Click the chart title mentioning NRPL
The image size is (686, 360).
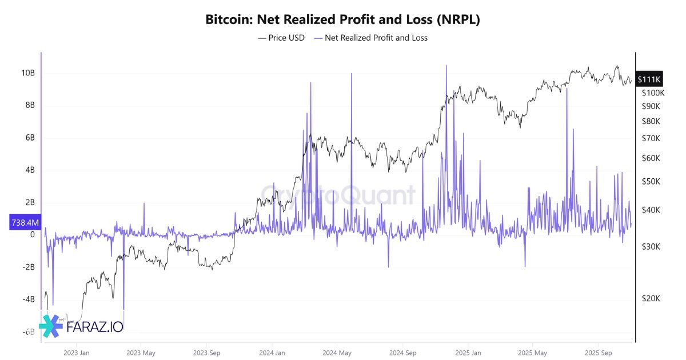pos(342,19)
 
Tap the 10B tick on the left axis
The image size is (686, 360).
pos(28,73)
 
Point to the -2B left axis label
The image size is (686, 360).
pos(28,267)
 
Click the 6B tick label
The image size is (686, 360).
pos(29,138)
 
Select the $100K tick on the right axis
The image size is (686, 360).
pos(653,93)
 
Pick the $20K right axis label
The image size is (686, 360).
pos(651,299)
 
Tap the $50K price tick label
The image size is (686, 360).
pos(651,182)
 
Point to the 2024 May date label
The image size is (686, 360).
pos(337,353)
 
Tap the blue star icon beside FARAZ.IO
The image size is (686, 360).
pos(51,326)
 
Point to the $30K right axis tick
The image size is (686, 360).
pos(651,247)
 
